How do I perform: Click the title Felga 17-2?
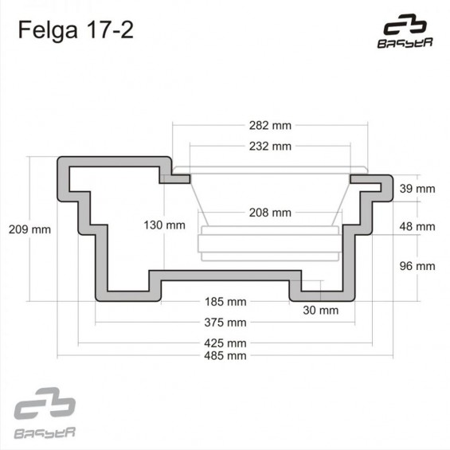click(x=76, y=30)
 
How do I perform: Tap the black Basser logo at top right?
click(x=405, y=31)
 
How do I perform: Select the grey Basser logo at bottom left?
click(x=45, y=413)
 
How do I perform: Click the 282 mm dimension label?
click(x=270, y=126)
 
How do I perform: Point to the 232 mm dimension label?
click(x=270, y=147)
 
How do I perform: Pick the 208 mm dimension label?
click(x=270, y=213)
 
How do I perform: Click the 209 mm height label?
click(x=29, y=229)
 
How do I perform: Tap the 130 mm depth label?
click(x=164, y=225)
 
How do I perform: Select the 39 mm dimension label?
click(x=417, y=189)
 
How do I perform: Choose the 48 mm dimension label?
click(x=417, y=227)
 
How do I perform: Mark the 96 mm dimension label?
click(x=417, y=266)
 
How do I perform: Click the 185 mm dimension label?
click(x=225, y=302)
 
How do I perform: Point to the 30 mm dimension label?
click(x=320, y=311)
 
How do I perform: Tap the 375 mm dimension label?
click(x=225, y=323)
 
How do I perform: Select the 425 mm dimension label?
click(x=225, y=343)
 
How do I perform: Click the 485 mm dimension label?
click(x=225, y=356)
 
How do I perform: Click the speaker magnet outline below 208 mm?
click(x=270, y=244)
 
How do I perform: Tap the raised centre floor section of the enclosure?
click(x=225, y=276)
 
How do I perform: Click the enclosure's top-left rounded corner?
click(x=61, y=160)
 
